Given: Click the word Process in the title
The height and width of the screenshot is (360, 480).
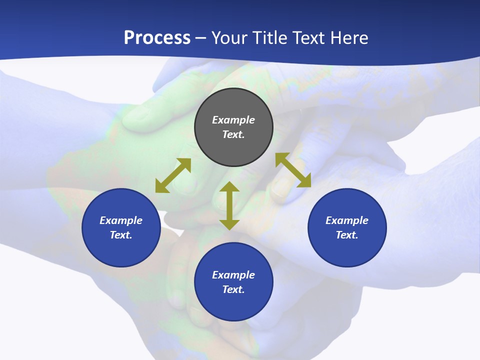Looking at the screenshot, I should pos(157,38).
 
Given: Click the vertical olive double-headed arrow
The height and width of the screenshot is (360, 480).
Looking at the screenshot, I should pos(229,205).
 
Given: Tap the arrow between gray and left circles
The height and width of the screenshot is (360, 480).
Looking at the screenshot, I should pos(173,175).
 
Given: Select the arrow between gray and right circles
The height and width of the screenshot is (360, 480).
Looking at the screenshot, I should pos(293,170).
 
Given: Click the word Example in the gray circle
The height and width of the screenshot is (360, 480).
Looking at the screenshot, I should pos(233,120).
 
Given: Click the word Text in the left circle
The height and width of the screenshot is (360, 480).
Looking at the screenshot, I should pos(121,235).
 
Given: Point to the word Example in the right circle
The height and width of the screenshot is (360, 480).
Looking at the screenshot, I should pos(347,220).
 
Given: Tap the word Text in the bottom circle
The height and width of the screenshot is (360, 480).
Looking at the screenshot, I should pos(233,289).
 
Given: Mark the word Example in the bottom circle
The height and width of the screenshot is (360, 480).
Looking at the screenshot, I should pos(233,275).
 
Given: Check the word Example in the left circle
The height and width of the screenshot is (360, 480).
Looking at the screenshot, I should pos(121,220).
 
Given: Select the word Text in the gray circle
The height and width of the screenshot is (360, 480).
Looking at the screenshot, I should pos(233,134).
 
